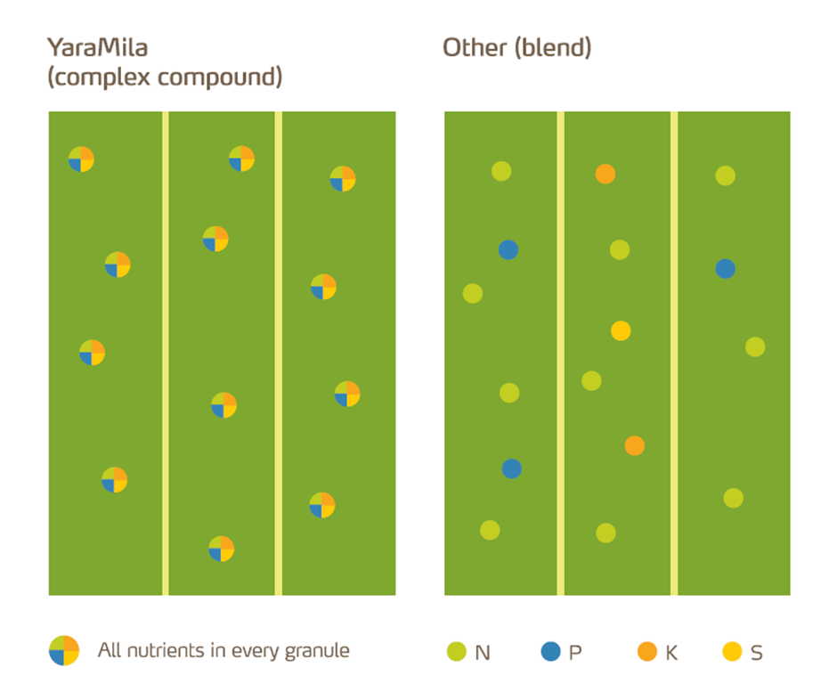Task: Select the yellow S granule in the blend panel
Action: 621,330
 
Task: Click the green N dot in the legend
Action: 456,652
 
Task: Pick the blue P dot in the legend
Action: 550,652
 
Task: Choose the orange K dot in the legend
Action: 647,652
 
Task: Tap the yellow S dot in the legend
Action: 732,652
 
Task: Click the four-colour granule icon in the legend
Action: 64,650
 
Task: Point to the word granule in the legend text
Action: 319,651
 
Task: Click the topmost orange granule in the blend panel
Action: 605,174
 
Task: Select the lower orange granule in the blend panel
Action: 634,445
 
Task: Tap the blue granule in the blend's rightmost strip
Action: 725,268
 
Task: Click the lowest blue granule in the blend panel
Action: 511,468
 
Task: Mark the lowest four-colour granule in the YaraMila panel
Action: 221,549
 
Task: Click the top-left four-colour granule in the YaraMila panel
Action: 81,159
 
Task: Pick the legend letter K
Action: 671,653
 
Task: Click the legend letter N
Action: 483,653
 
